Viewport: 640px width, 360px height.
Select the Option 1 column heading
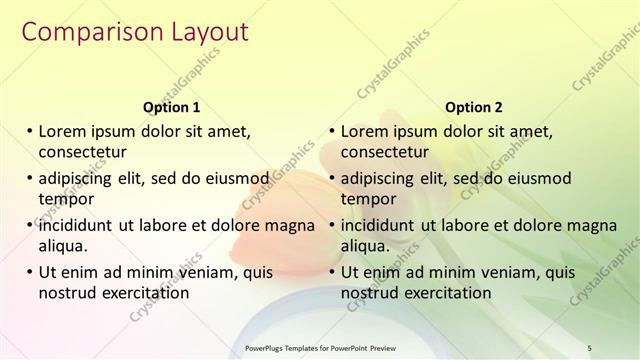click(x=172, y=107)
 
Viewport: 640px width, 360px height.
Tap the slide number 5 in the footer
click(x=590, y=348)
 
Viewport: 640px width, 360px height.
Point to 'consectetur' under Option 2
click(x=385, y=153)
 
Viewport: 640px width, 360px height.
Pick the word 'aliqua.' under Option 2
click(x=367, y=246)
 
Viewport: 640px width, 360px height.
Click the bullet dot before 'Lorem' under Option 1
click(x=29, y=131)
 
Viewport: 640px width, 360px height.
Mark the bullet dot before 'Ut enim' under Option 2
click(x=331, y=271)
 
